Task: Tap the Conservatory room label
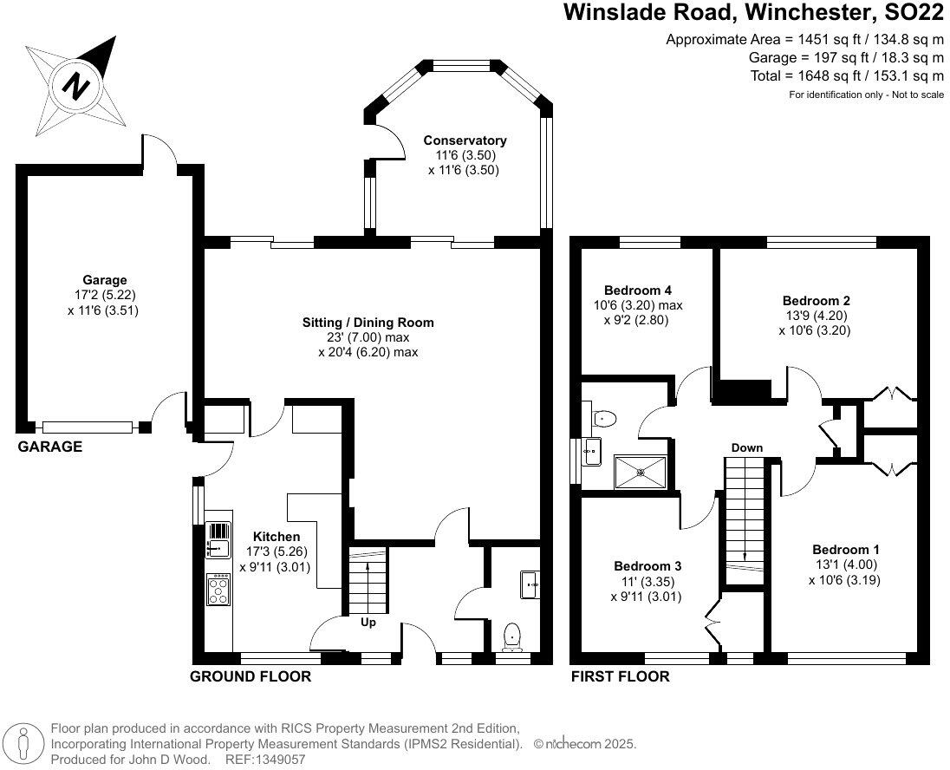465,140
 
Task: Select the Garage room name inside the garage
104,280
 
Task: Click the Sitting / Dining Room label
368,323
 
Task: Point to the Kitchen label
276,537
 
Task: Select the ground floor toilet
513,636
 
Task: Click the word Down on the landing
746,448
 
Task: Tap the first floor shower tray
641,473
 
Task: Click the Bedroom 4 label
638,290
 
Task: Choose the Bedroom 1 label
846,550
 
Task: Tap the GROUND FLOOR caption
251,676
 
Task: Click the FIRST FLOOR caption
620,676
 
